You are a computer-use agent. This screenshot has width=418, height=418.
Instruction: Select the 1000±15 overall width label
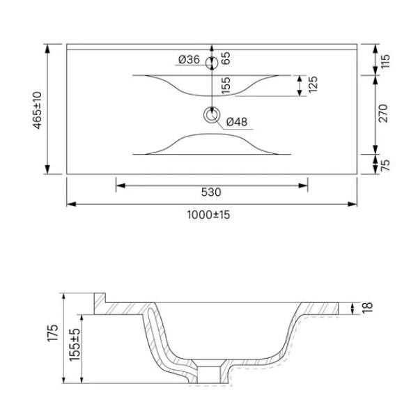click(208, 215)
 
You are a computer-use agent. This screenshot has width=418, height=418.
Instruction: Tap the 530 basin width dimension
click(211, 192)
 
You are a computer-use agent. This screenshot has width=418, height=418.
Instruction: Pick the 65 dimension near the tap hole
click(226, 60)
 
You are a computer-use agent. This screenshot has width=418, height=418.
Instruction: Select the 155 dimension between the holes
click(226, 86)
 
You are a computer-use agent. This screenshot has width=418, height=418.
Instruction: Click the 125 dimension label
click(313, 86)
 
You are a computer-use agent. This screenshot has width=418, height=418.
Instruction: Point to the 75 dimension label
click(384, 166)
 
